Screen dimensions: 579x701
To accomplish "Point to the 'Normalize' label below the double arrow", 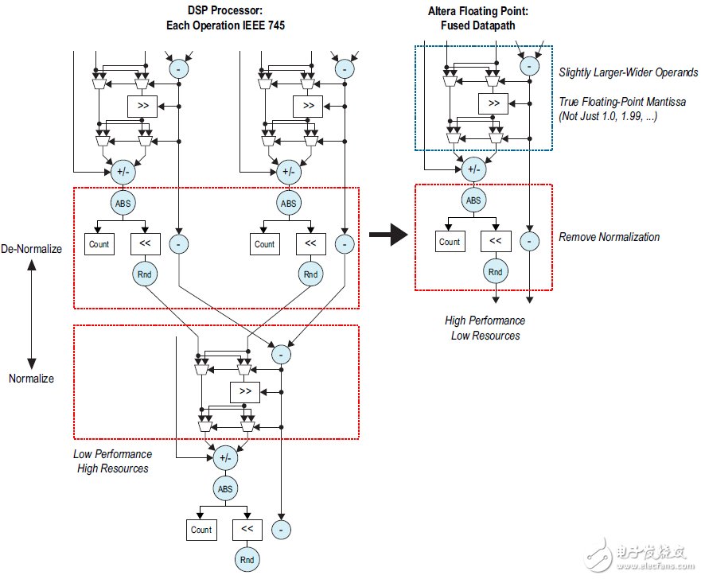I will point(32,379).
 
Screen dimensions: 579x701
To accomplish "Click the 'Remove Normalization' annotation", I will point(609,237).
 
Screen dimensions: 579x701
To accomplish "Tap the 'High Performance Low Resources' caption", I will point(485,328).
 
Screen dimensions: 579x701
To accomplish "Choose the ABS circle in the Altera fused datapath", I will point(473,201).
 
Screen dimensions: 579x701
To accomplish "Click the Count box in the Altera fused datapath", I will point(450,242).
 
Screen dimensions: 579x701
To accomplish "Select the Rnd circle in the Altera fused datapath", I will point(495,272).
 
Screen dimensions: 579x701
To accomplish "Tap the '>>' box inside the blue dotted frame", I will point(493,103).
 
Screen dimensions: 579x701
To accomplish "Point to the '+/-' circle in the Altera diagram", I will point(473,169).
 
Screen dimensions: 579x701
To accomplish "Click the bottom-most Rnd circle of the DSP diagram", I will point(247,560).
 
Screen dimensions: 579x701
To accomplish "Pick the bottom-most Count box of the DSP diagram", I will point(201,530).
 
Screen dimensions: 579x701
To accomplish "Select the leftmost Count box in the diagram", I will point(99,244).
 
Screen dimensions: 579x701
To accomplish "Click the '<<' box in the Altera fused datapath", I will point(495,242).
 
